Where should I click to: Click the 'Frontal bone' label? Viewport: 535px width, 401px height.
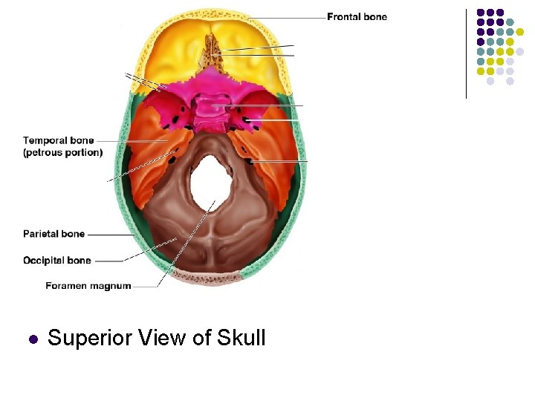pyautogui.click(x=357, y=17)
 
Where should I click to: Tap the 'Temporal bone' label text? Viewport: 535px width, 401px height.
pyautogui.click(x=58, y=140)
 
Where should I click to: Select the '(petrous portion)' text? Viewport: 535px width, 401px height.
pyautogui.click(x=62, y=152)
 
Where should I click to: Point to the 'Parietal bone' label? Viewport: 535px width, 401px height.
pyautogui.click(x=53, y=234)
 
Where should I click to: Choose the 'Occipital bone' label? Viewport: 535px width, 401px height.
pyautogui.click(x=57, y=261)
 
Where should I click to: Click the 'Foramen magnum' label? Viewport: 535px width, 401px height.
pyautogui.click(x=88, y=286)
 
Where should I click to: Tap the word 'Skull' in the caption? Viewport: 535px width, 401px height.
pyautogui.click(x=241, y=339)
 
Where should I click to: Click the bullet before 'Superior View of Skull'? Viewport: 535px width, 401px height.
pyautogui.click(x=32, y=339)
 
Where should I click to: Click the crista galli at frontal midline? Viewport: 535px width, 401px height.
pyautogui.click(x=211, y=48)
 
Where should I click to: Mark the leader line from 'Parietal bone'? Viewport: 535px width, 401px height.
pyautogui.click(x=110, y=235)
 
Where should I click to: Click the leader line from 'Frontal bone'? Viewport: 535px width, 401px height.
pyautogui.click(x=282, y=17)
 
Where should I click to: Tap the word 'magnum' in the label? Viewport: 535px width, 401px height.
pyautogui.click(x=111, y=286)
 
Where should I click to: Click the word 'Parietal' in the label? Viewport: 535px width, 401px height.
pyautogui.click(x=42, y=234)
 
